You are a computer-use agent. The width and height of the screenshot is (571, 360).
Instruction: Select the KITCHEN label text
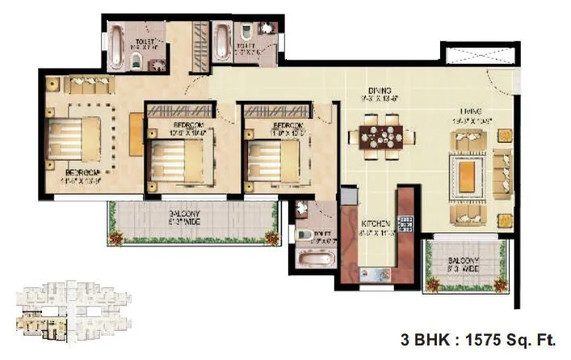[376, 223]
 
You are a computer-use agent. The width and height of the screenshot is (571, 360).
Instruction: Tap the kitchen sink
[375, 273]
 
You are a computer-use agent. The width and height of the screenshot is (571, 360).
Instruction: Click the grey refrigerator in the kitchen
[348, 198]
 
